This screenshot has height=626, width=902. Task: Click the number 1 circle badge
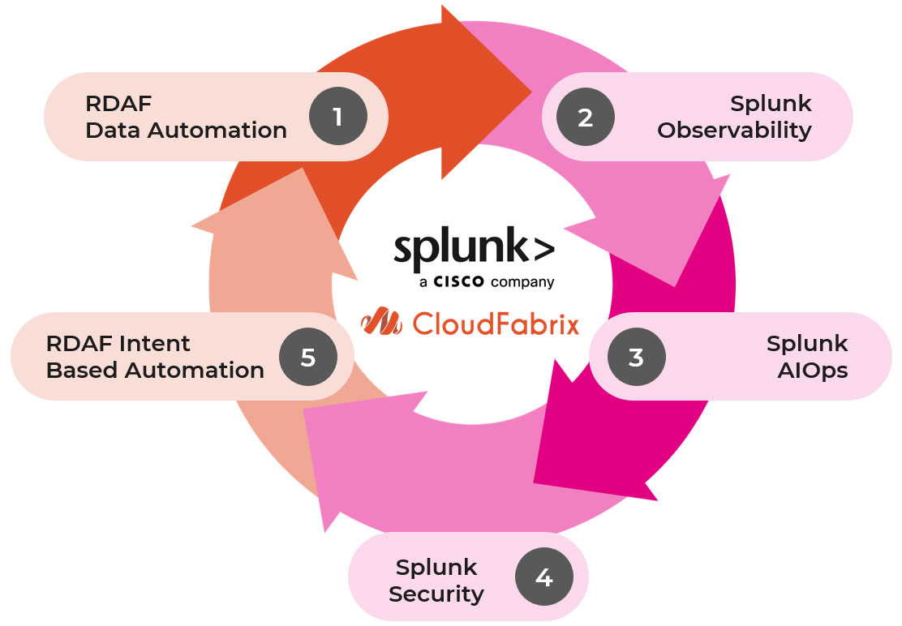coord(337,118)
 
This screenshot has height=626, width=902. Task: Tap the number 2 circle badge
coord(585,118)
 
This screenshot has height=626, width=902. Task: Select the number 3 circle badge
coord(636,357)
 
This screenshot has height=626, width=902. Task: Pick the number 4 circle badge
coord(544,578)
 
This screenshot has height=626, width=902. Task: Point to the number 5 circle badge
coord(307,357)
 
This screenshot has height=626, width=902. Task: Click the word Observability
coord(734,131)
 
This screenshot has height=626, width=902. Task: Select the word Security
coord(436,594)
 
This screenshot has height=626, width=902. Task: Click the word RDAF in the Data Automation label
coord(118,104)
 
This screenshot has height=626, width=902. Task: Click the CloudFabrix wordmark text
coord(496,324)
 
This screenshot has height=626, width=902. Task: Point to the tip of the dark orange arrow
coord(530,91)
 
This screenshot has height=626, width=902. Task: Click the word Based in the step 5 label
coord(77,371)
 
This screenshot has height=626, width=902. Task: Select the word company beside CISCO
coord(522,283)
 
